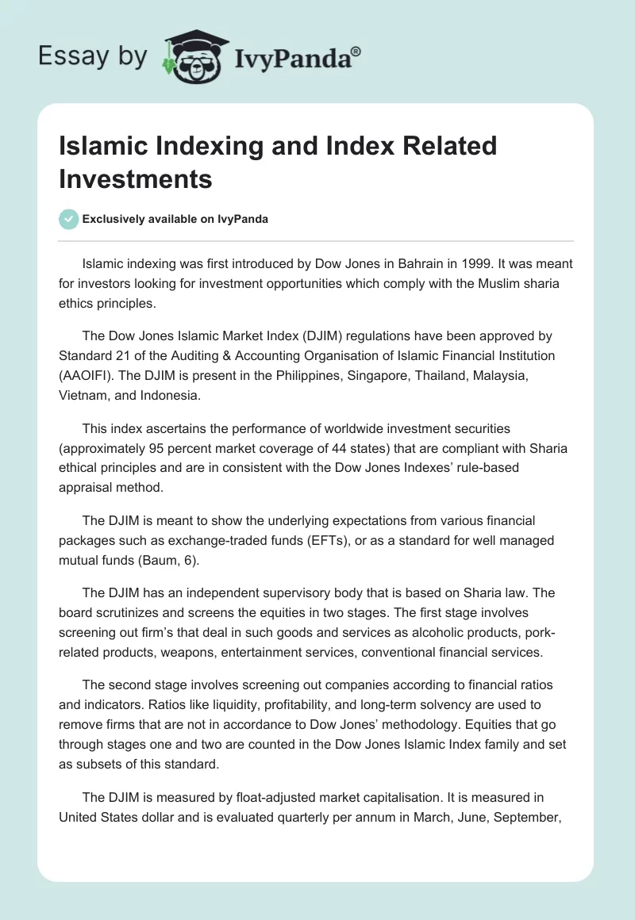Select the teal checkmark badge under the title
pos(68,219)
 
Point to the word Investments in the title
pos(136,179)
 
